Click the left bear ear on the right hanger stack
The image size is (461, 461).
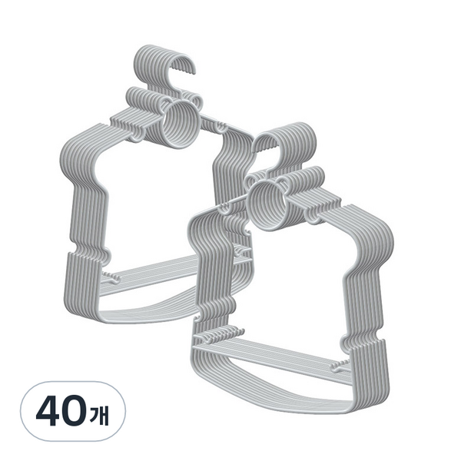(253, 180)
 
